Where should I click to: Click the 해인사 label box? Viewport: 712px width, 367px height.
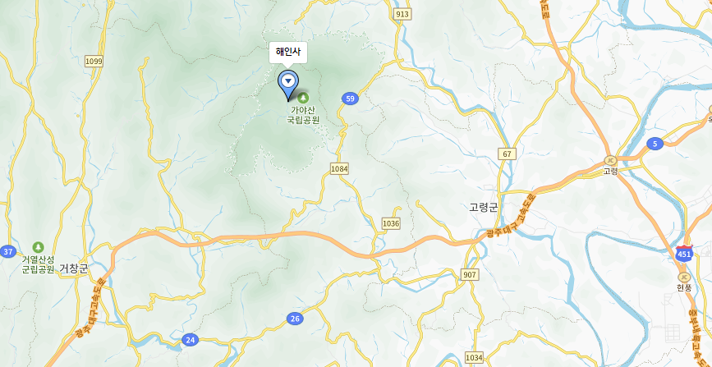[288, 52]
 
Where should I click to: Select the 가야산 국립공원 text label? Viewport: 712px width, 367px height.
[302, 114]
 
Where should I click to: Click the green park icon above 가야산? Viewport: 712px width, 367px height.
[302, 99]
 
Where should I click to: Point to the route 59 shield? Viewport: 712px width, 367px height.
[351, 99]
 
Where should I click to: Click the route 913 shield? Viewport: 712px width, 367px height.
[402, 14]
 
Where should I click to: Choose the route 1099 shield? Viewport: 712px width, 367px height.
[94, 62]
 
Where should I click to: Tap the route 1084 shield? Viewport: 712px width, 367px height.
[339, 168]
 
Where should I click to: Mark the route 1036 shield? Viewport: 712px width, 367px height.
[391, 223]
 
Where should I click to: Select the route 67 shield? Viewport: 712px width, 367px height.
[507, 154]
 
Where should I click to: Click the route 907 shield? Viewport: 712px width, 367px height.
[470, 274]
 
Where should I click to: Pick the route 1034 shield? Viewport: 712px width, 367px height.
[474, 357]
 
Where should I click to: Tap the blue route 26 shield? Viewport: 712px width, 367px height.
[295, 318]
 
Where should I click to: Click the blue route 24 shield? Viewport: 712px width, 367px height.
[191, 339]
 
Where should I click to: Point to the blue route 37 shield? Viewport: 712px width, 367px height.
[8, 251]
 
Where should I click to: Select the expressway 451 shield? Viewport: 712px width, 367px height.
[684, 252]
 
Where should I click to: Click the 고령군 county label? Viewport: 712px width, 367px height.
[484, 208]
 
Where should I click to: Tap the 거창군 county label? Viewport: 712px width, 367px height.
[73, 268]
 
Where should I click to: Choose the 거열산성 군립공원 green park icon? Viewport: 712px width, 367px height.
[38, 247]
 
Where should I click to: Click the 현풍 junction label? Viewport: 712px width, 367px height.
[684, 287]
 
